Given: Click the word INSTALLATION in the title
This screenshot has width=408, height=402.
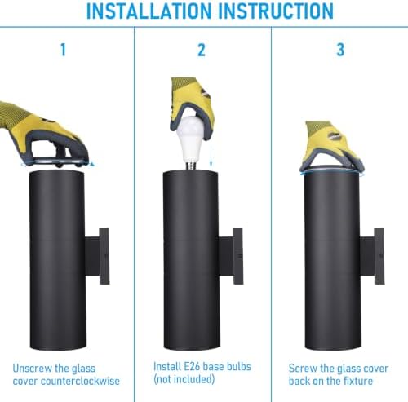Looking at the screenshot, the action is (149, 11).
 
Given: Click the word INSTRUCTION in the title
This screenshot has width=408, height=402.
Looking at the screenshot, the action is (276, 11).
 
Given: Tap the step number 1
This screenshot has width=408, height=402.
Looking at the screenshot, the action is (63, 50).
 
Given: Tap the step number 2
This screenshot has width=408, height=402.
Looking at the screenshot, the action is (202, 50).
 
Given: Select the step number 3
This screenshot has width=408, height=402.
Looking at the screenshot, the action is (340, 50).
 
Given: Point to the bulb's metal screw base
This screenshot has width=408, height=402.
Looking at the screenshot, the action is (191, 166).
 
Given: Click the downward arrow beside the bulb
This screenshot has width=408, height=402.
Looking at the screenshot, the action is (211, 153).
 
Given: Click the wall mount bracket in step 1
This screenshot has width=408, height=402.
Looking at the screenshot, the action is (97, 256).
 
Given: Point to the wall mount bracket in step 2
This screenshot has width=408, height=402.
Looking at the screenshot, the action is (231, 256).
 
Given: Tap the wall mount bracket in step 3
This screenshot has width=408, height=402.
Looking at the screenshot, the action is (372, 256).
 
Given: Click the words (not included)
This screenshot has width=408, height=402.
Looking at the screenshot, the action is (184, 379).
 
